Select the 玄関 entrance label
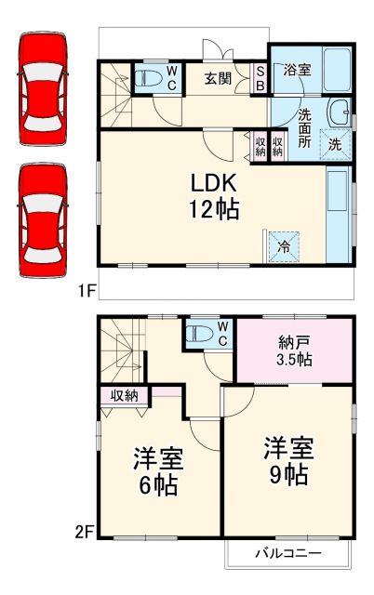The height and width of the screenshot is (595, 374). pyautogui.click(x=220, y=78)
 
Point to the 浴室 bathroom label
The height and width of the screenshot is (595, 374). pyautogui.click(x=297, y=69)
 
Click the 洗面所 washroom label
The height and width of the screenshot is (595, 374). pyautogui.click(x=304, y=126)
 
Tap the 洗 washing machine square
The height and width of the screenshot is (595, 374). pyautogui.click(x=335, y=144)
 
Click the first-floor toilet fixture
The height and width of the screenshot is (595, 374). pyautogui.click(x=148, y=78)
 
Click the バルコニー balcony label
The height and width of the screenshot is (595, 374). pyautogui.click(x=288, y=553)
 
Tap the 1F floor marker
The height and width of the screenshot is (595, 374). pyautogui.click(x=86, y=291)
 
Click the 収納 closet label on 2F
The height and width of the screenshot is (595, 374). pyautogui.click(x=125, y=395)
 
